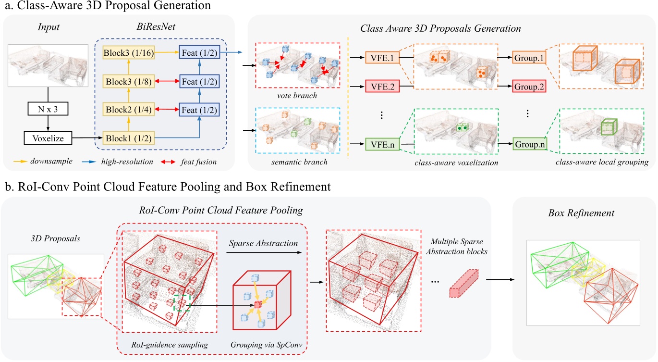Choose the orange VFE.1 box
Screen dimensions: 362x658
click(382, 59)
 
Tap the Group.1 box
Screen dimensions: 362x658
click(528, 59)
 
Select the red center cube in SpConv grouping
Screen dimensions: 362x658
click(257, 304)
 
